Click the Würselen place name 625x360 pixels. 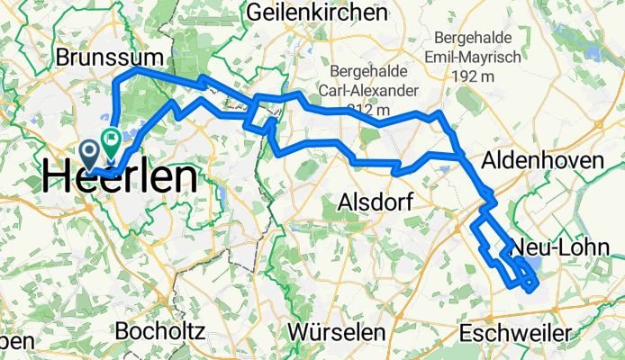point(338,332)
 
